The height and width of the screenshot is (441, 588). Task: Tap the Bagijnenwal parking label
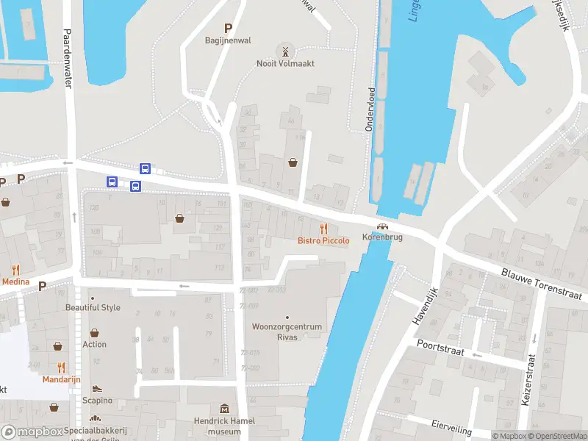point(228,40)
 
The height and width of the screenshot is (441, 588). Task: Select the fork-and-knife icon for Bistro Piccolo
point(323,229)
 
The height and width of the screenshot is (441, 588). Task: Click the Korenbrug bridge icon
point(382,227)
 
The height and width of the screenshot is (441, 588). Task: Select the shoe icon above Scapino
point(96,389)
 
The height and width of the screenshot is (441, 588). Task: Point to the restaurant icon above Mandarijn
point(61,367)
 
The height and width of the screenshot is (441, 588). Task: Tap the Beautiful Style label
point(93,307)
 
